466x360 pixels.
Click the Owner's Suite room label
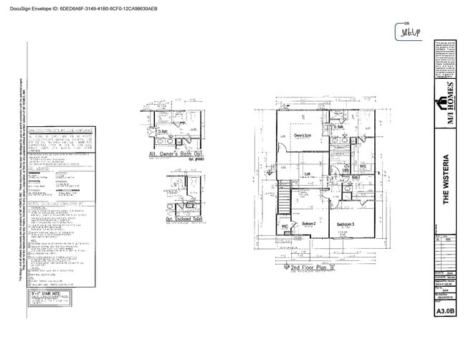point(302,134)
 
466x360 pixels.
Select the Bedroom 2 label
point(308,224)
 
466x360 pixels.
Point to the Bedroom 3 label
point(346,224)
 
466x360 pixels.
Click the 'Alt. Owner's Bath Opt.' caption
point(174,153)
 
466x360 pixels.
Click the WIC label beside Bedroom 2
point(285,227)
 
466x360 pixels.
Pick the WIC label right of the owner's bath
point(363,166)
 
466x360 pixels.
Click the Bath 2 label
point(356,176)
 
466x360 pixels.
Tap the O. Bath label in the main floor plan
point(339,127)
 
